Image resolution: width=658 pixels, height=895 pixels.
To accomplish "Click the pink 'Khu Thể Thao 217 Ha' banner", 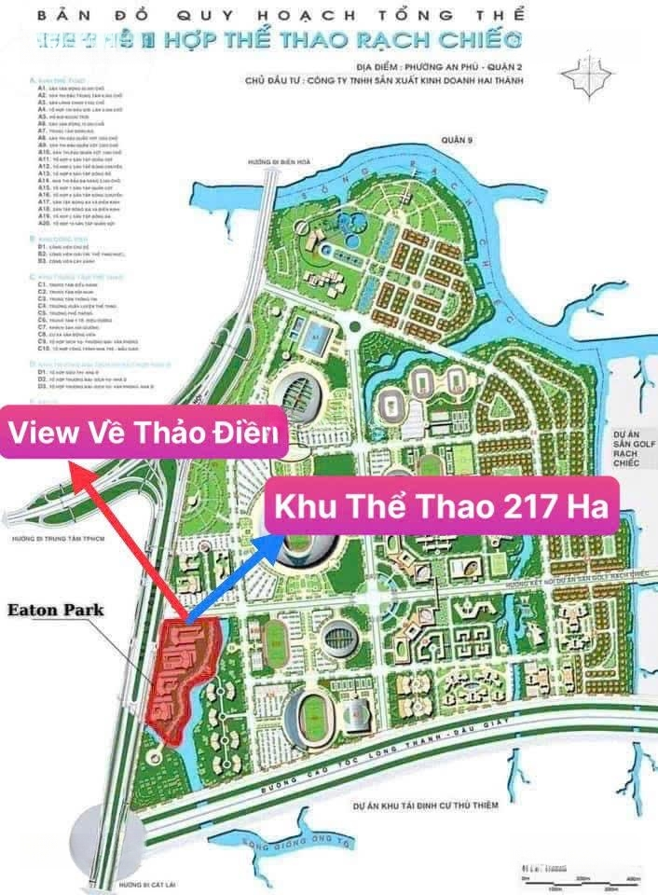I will pyautogui.click(x=441, y=507).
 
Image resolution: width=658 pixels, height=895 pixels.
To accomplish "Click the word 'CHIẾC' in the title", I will pyautogui.click(x=485, y=40).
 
